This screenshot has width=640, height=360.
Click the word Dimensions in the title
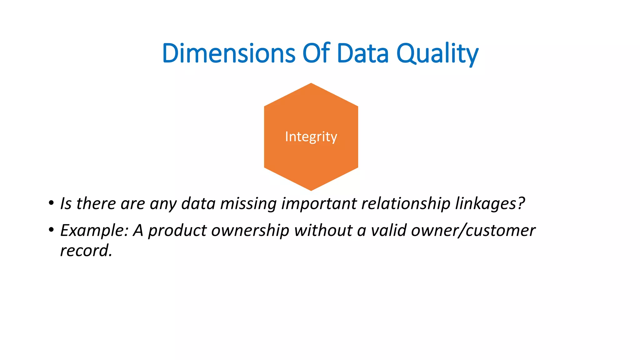[x=228, y=53]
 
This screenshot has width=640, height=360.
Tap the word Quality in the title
[x=437, y=53]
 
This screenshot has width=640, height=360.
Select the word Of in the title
[x=316, y=53]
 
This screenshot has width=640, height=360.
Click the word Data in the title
[x=362, y=53]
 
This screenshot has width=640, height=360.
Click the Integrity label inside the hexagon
[x=311, y=137]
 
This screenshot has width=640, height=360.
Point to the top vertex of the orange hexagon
[x=311, y=83]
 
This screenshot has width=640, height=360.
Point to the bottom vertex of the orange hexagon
[x=311, y=190]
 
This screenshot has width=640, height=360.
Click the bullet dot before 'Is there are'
[x=51, y=203]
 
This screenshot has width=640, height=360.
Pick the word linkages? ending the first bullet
[x=490, y=204]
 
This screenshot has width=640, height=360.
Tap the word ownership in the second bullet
[x=250, y=231]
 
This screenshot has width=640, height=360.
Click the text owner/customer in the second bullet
[x=473, y=231]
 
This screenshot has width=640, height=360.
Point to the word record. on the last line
[x=86, y=251]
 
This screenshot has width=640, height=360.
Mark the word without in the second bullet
[x=323, y=230]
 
